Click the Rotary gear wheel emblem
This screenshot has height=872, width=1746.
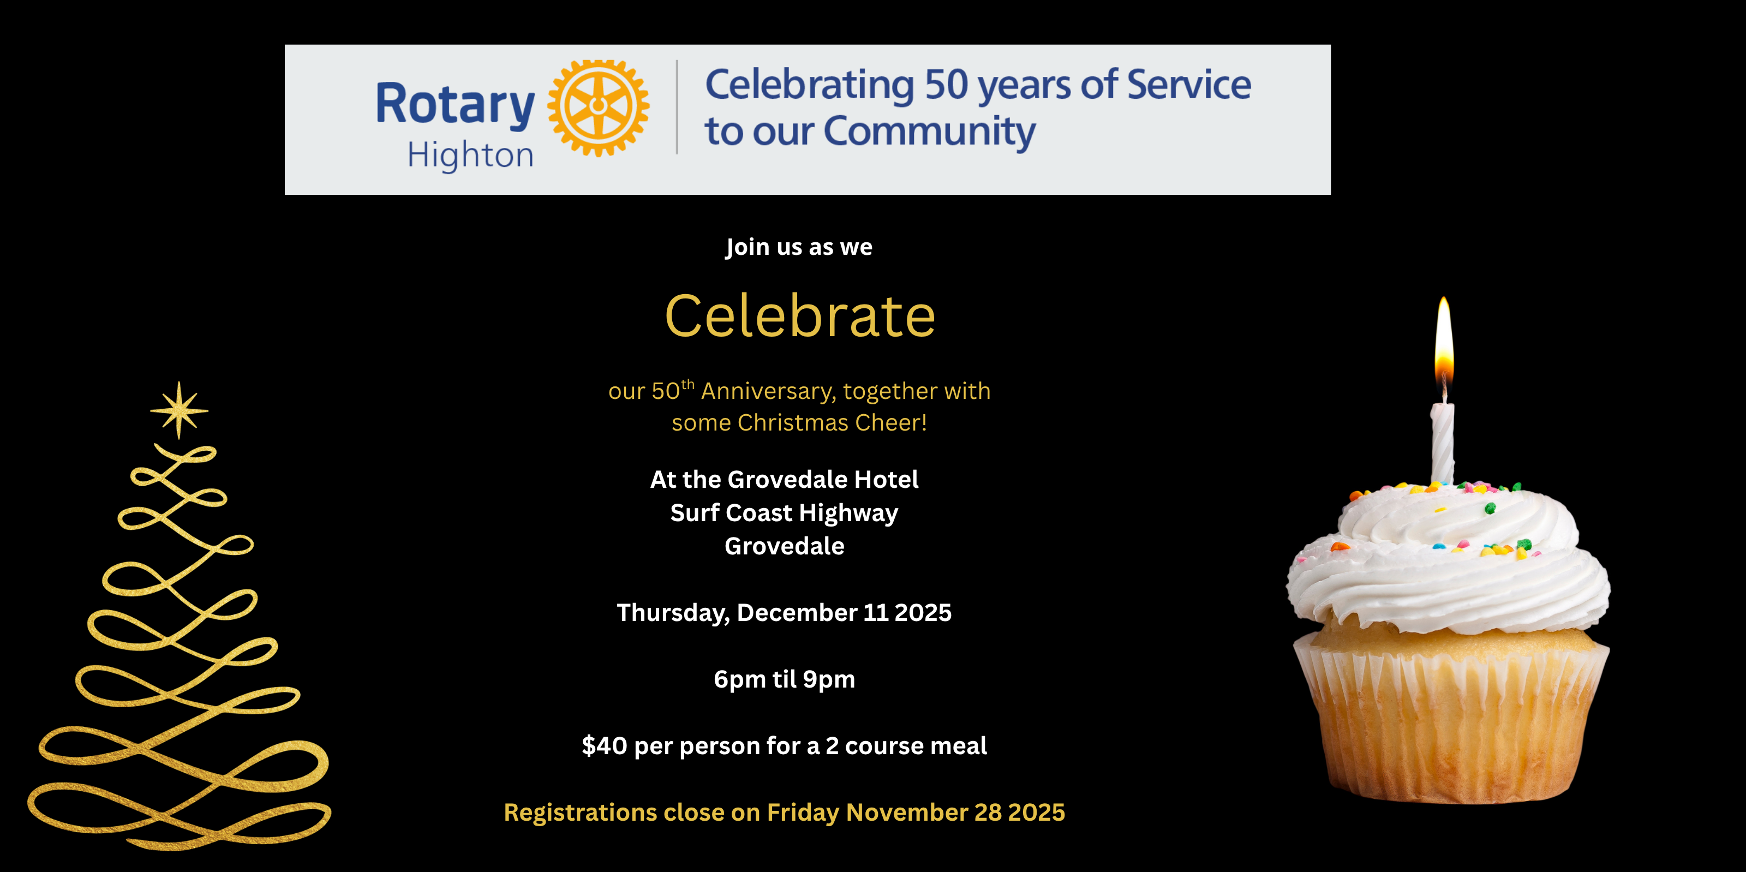coord(599,107)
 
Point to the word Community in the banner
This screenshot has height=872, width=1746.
coord(930,132)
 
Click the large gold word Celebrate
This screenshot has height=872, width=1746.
coord(800,316)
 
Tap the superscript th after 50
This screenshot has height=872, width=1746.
coord(687,385)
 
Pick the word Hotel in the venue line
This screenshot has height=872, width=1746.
coord(886,480)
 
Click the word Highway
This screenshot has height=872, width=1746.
coord(848,514)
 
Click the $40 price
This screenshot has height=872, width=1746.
coord(605,746)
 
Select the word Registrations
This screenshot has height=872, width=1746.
coord(580,813)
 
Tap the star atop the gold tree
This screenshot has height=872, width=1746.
coord(179,410)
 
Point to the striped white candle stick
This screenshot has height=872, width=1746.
coord(1442,443)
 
